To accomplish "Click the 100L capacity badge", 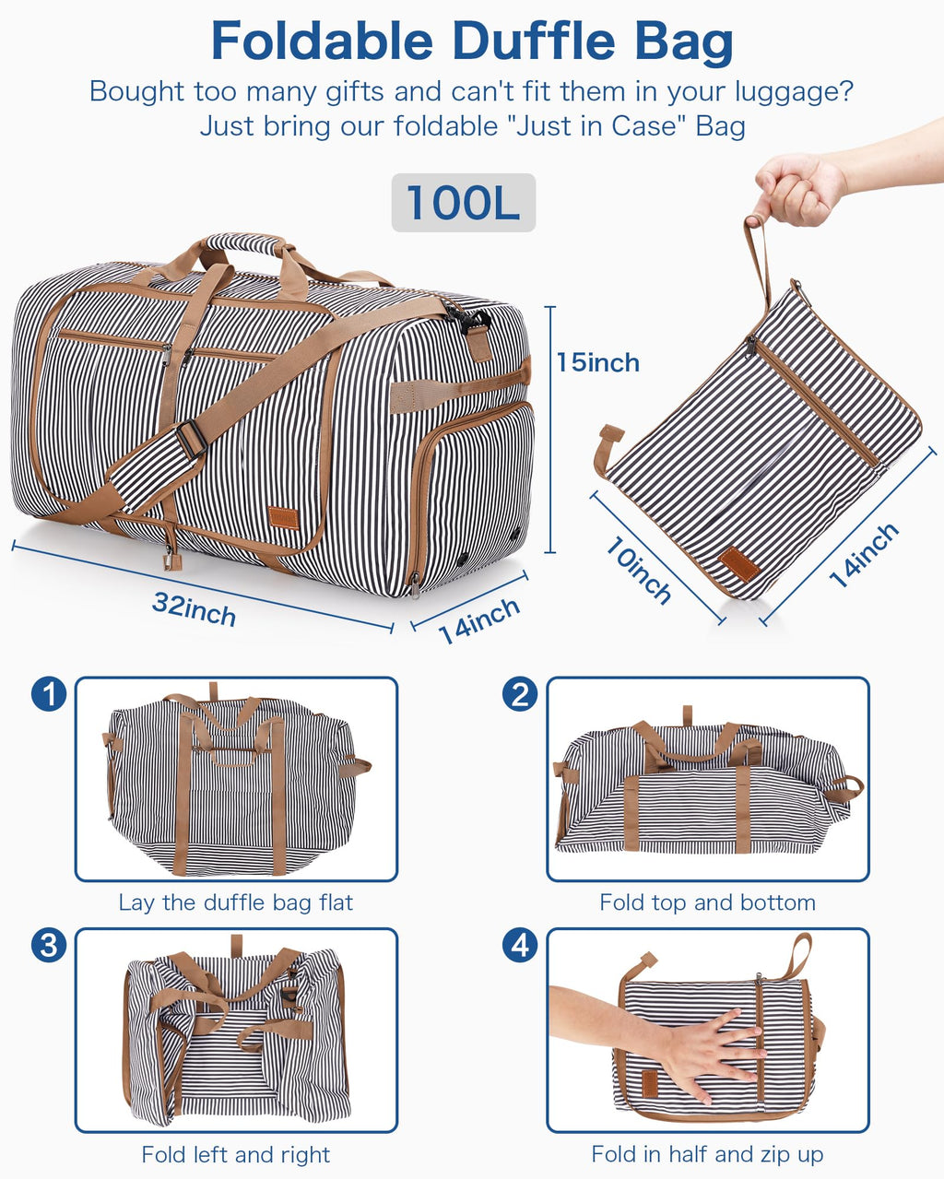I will [463, 203].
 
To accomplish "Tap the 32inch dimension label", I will [195, 609].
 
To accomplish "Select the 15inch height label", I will [597, 362].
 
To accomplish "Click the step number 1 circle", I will [49, 694].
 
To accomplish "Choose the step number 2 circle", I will [521, 694].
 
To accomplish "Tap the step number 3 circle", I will [49, 945].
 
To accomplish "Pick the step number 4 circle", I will [521, 945].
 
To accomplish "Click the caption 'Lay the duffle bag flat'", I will [235, 902].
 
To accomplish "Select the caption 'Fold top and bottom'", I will [707, 902].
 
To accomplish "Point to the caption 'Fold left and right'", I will [235, 1154].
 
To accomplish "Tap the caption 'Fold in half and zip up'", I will [707, 1154].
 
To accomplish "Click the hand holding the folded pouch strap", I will [798, 189].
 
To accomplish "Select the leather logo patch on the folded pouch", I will [739, 564].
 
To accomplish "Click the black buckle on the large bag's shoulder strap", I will [191, 439].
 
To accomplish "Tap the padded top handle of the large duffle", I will [242, 244].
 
